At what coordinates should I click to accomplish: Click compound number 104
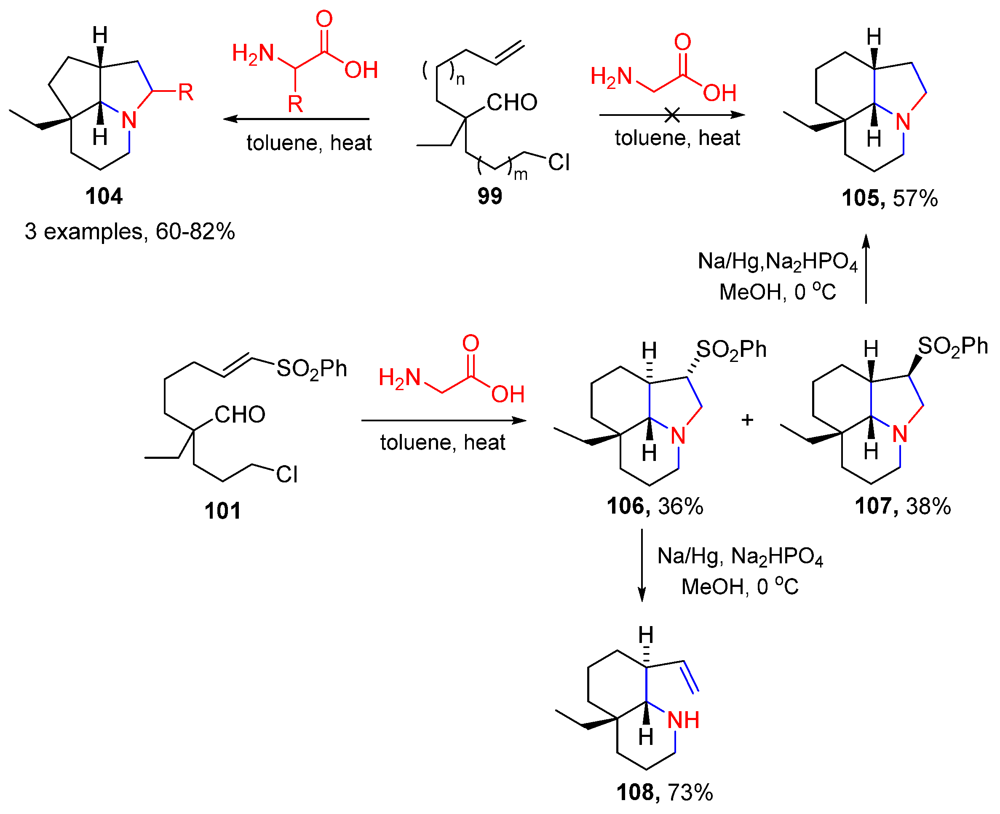click(x=104, y=196)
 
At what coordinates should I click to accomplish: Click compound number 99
click(x=489, y=196)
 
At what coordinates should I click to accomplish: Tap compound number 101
click(x=222, y=511)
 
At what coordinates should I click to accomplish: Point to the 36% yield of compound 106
click(x=680, y=506)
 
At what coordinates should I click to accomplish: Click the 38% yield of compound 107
click(x=928, y=506)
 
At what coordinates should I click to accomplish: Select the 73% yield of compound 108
click(x=690, y=793)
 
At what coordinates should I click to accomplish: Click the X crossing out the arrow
click(x=672, y=115)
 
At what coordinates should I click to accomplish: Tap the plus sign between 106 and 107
click(x=747, y=420)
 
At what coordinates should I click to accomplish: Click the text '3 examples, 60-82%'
click(x=130, y=232)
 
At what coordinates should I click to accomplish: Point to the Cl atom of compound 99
click(x=559, y=163)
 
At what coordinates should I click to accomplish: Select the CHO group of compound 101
click(x=240, y=415)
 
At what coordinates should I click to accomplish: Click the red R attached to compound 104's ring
click(x=186, y=92)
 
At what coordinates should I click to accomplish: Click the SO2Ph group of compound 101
click(x=311, y=369)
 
